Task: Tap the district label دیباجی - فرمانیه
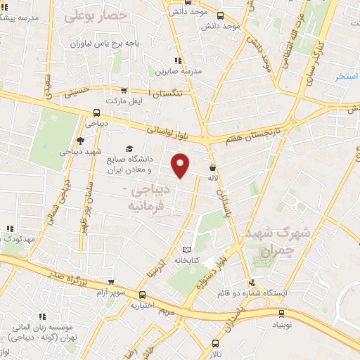[x=148, y=198]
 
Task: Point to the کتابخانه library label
[x=187, y=260]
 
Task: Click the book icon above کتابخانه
[x=186, y=249]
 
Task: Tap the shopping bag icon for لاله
[x=212, y=167]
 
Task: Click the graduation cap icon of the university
[x=129, y=148]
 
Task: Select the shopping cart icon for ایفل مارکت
[x=124, y=91]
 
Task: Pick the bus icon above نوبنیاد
[x=282, y=314]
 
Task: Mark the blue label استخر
[x=347, y=76]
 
